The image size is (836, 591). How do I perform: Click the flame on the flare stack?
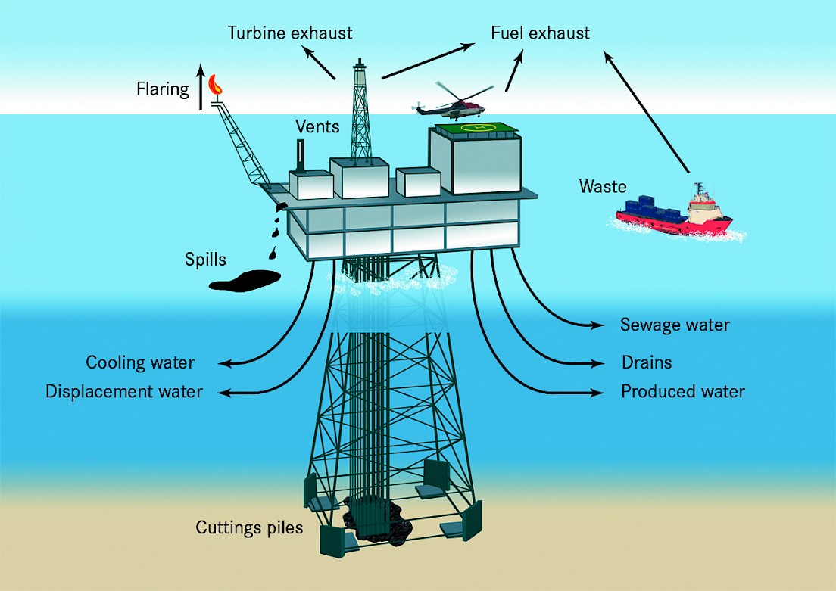[x=215, y=85]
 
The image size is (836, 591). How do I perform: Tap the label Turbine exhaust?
[x=290, y=33]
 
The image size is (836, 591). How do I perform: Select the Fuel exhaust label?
[x=540, y=33]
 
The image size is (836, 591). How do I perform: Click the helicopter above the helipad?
[x=453, y=102]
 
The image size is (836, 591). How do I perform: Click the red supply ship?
[x=674, y=213]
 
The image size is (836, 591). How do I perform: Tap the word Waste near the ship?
[x=603, y=186]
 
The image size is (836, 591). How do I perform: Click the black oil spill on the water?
[x=245, y=281]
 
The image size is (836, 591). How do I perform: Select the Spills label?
[x=205, y=260]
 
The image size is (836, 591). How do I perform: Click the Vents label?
[x=317, y=127]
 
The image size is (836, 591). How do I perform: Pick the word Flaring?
[x=163, y=89]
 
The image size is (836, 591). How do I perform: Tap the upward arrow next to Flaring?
[x=201, y=87]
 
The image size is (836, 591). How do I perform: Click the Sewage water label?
[x=675, y=325]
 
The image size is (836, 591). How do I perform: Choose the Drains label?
[x=646, y=362]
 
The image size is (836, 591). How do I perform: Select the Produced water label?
[x=683, y=392]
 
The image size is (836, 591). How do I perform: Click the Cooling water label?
[x=140, y=363]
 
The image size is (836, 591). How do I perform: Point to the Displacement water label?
[x=124, y=392]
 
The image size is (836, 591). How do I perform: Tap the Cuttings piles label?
[x=249, y=527]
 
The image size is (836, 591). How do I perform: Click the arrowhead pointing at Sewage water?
[x=597, y=325]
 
